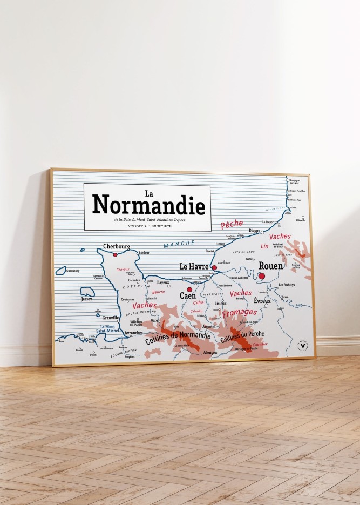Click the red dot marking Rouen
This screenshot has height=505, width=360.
pyautogui.click(x=262, y=276)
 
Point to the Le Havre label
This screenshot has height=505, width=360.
pyautogui.click(x=194, y=266)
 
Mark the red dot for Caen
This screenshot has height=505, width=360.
pyautogui.click(x=189, y=289)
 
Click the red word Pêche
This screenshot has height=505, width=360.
pyautogui.click(x=232, y=224)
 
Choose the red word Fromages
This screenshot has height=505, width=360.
pyautogui.click(x=240, y=313)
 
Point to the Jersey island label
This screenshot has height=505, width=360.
pyautogui.click(x=86, y=299)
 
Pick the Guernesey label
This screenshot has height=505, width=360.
pyautogui.click(x=72, y=271)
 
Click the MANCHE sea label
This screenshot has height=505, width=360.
pyautogui.click(x=179, y=244)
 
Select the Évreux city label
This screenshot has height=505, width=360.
pyautogui.click(x=262, y=301)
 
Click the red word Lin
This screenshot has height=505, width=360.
pyautogui.click(x=264, y=246)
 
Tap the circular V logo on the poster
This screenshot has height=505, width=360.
pyautogui.click(x=303, y=344)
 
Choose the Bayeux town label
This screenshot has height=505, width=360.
pyautogui.click(x=163, y=282)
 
